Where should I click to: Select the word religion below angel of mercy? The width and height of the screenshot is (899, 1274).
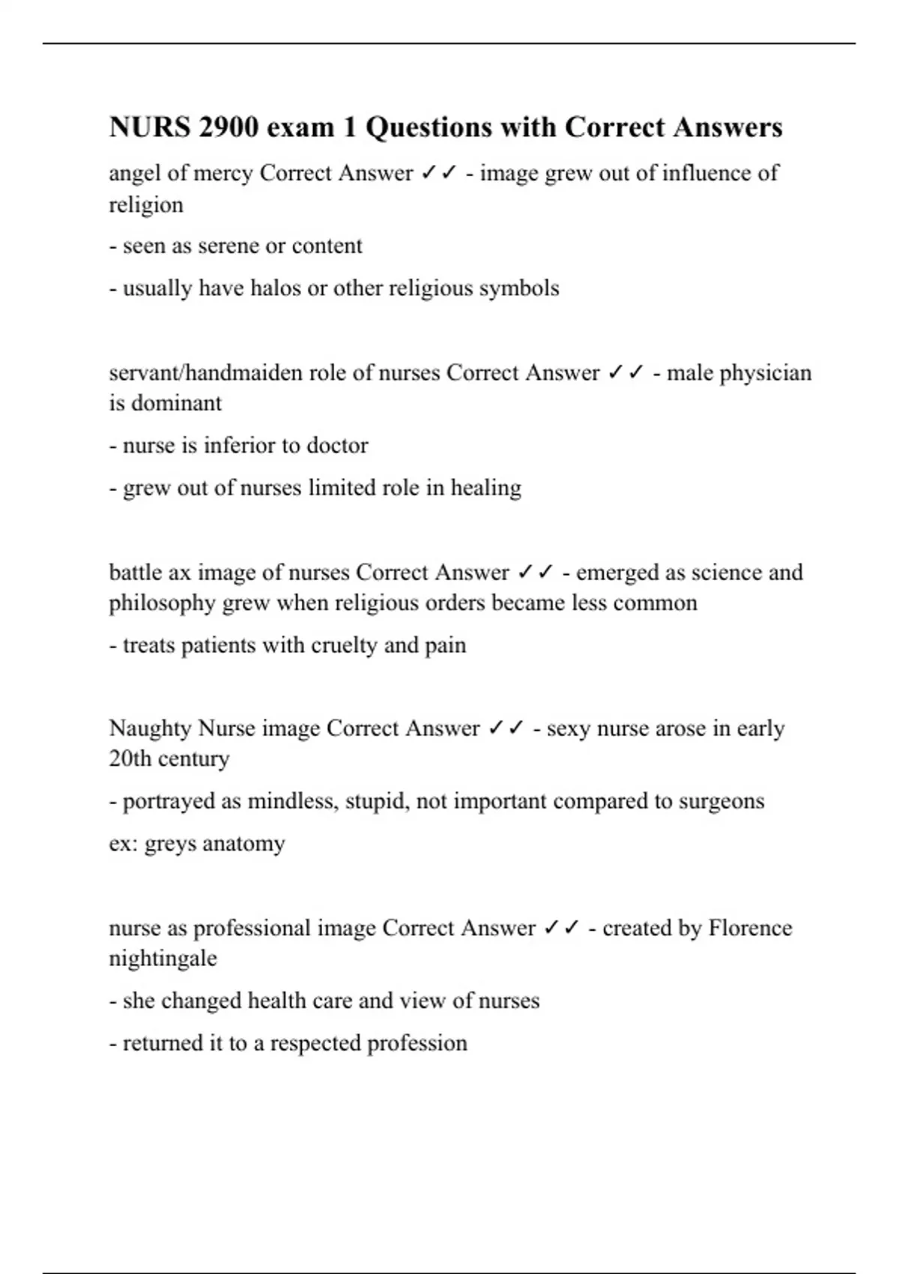pyautogui.click(x=146, y=205)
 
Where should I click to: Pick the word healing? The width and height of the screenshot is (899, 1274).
pyautogui.click(x=485, y=488)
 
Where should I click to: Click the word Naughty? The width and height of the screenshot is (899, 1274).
pyautogui.click(x=150, y=728)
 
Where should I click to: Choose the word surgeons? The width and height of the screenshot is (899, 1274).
pyautogui.click(x=721, y=800)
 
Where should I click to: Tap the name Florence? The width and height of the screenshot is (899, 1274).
pyautogui.click(x=750, y=928)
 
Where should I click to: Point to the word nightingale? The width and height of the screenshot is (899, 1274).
pyautogui.click(x=163, y=958)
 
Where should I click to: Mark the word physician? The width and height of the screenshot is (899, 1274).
pyautogui.click(x=765, y=372)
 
